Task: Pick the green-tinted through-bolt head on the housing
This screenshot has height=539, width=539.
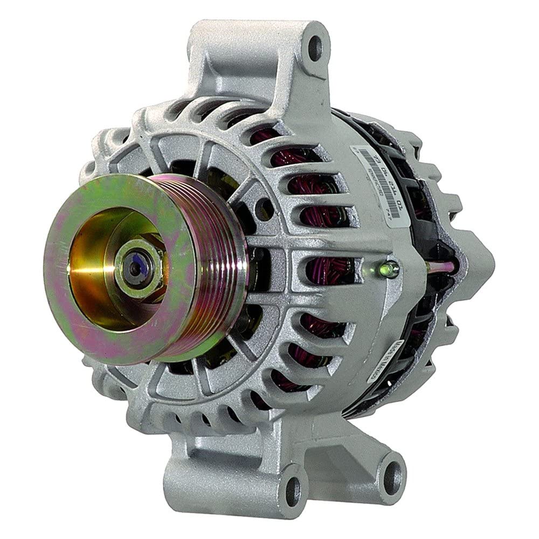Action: point(389,268)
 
